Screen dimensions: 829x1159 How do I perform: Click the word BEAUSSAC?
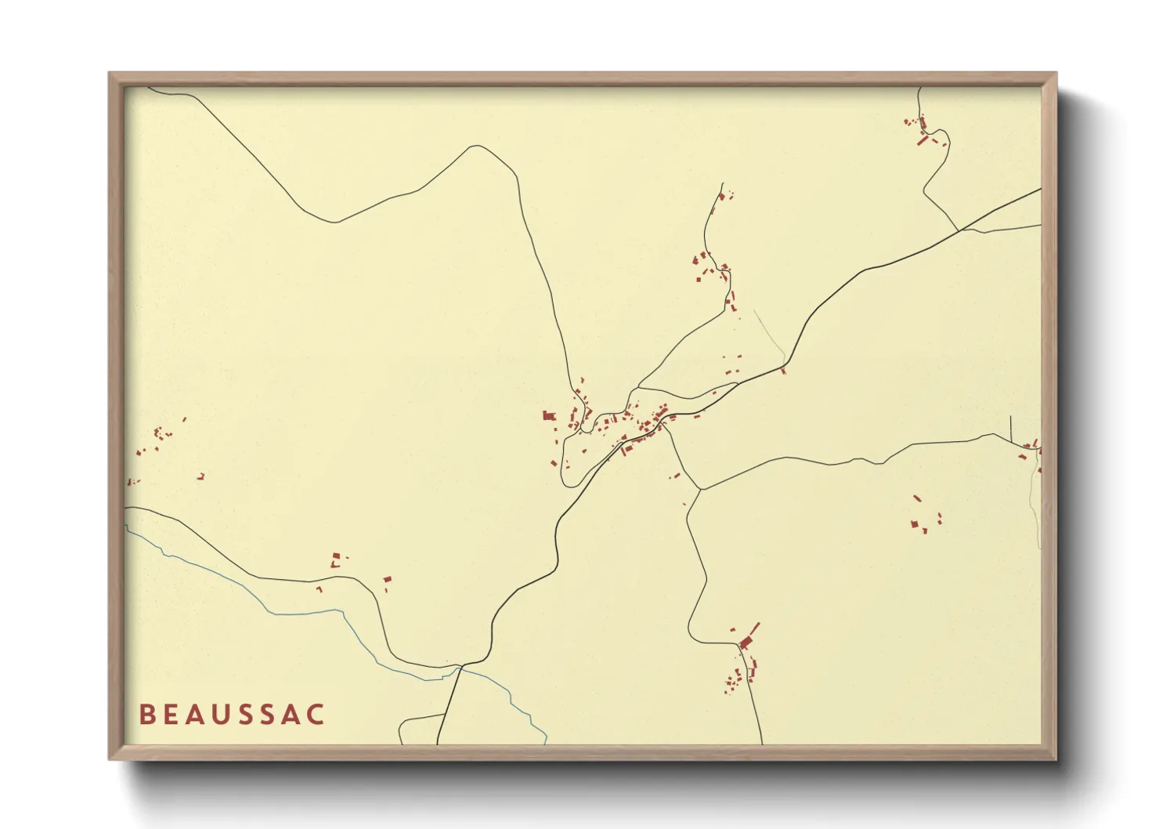232,715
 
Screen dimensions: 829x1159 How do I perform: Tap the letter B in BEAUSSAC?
146,715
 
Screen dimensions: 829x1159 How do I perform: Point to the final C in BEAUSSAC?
316,715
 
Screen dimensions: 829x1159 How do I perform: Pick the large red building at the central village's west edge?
548,415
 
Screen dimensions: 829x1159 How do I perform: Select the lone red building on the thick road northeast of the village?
783,371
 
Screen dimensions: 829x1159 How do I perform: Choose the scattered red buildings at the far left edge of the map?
157,443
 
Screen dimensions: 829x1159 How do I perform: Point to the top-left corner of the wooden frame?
110,74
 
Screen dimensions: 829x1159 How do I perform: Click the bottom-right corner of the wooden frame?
1055,758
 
